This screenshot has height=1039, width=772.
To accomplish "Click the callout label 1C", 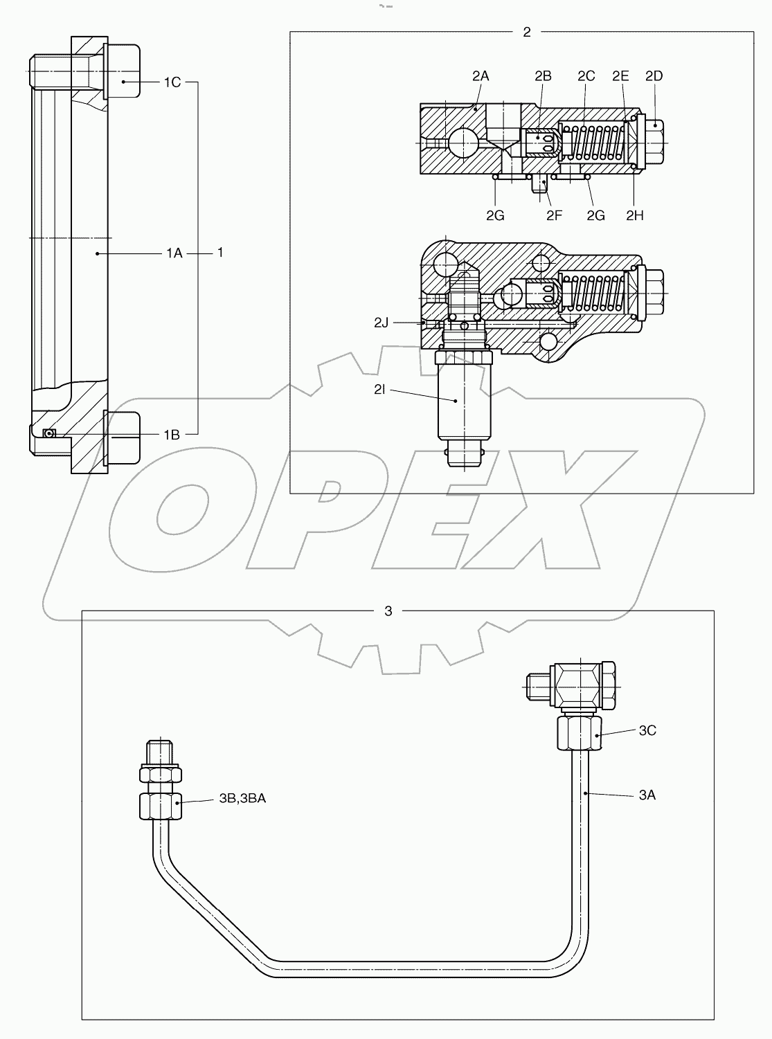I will point(172,82).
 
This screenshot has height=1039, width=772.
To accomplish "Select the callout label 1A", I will point(173,254).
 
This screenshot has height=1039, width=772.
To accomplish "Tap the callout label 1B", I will point(172,435).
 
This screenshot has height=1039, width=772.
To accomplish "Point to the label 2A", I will point(481,76).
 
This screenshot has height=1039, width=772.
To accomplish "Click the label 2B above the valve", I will point(543,76).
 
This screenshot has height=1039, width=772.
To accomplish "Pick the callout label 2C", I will point(586,76).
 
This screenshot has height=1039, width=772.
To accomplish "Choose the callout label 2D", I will point(654,76).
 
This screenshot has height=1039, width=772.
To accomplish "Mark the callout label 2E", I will point(620,76).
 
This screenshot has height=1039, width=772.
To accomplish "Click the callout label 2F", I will point(553,215).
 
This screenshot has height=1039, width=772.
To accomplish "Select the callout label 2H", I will point(634,215).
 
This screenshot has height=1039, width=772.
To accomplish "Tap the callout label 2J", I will point(382,323).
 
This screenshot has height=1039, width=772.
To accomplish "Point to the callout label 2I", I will point(380,390).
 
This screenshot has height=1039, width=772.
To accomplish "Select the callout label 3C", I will point(647,730).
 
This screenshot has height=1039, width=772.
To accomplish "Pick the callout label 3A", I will point(647,795).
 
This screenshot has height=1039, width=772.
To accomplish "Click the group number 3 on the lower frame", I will point(388,611).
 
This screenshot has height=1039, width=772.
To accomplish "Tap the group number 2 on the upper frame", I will point(527,32).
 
